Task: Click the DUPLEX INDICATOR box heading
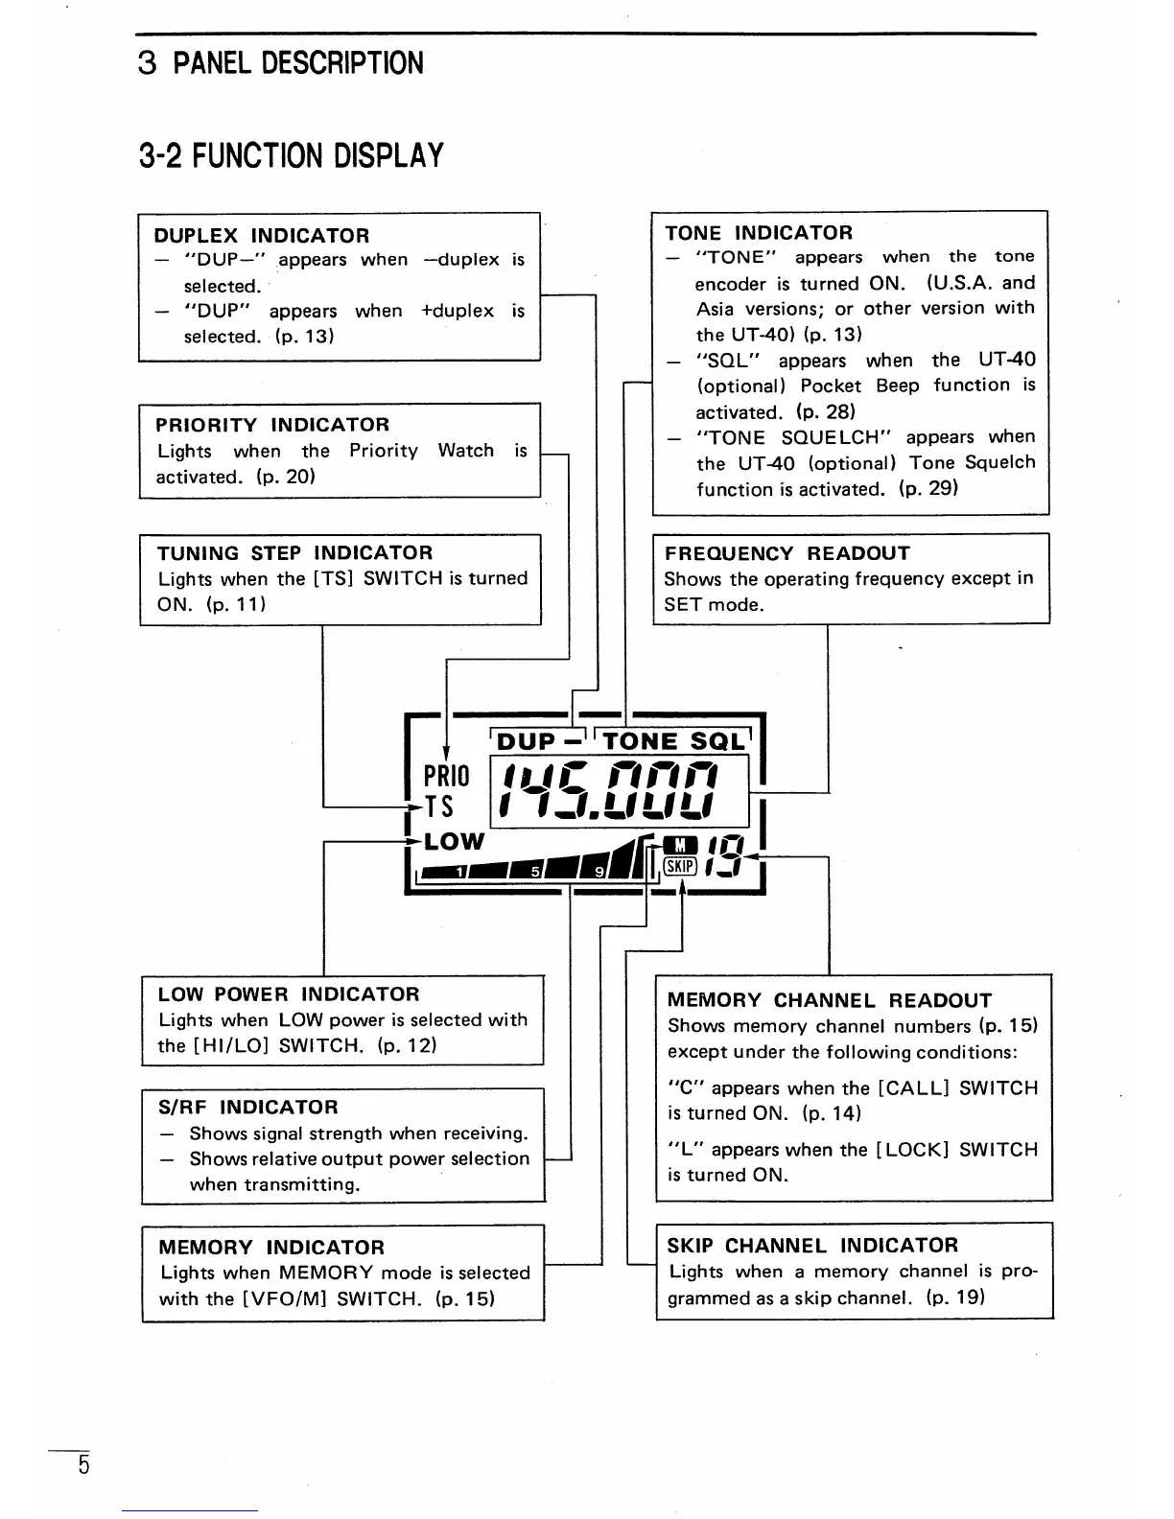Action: [x=261, y=236]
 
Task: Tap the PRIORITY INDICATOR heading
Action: [x=272, y=425]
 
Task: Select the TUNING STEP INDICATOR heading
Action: [x=294, y=553]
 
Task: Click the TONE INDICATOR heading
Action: [x=758, y=233]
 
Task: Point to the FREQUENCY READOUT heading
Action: [x=787, y=553]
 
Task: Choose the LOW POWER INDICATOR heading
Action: [x=289, y=994]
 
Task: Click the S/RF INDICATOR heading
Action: [x=247, y=1108]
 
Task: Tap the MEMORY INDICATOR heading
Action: [x=270, y=1248]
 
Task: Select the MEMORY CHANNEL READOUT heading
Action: [x=829, y=1000]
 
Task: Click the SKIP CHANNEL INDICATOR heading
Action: [x=811, y=1246]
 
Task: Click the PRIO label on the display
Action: [x=446, y=775]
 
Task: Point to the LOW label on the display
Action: [x=454, y=842]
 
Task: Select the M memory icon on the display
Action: [x=679, y=845]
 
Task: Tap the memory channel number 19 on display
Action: [x=721, y=855]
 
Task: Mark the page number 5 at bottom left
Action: [x=83, y=1466]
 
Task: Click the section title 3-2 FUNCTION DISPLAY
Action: [x=292, y=155]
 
